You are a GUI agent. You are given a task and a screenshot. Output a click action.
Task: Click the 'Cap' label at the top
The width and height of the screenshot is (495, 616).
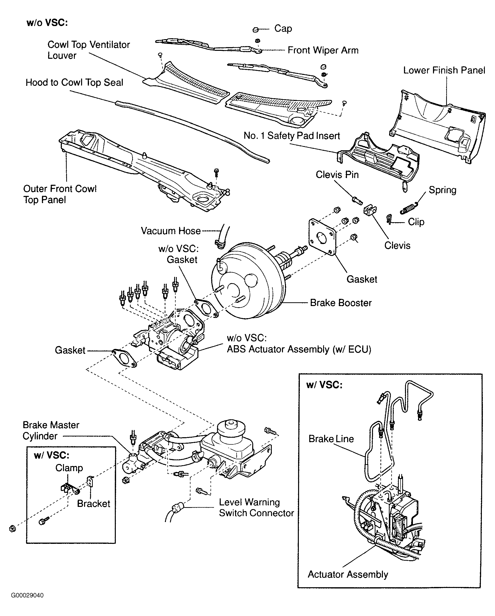click(x=283, y=28)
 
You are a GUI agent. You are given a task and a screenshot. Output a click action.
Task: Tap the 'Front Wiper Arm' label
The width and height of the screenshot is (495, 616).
click(x=323, y=50)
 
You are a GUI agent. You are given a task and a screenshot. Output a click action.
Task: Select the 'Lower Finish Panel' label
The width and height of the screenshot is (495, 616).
click(x=444, y=70)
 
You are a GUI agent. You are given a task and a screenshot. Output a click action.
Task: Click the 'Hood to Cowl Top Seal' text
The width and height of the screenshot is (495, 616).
click(x=74, y=82)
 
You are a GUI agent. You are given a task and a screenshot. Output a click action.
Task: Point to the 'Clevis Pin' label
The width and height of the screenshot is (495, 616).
click(x=337, y=175)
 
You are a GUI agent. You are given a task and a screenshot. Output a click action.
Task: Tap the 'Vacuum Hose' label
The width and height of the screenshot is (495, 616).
click(x=171, y=231)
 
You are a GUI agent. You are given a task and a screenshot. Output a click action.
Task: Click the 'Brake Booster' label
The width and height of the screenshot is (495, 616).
click(x=341, y=303)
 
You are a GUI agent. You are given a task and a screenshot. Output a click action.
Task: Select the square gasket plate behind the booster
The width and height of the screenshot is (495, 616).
click(x=322, y=237)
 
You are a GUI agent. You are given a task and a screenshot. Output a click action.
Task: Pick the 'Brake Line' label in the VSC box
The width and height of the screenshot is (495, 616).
click(x=331, y=439)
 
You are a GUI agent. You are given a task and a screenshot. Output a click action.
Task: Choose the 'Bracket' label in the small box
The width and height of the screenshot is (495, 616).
click(x=93, y=503)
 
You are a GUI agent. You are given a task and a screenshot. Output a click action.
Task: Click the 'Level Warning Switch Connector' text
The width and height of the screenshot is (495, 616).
click(x=256, y=507)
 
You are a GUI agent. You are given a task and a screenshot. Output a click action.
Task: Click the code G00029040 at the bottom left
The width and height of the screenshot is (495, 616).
click(x=28, y=595)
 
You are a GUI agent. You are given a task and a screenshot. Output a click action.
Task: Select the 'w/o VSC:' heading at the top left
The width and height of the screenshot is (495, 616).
click(x=47, y=23)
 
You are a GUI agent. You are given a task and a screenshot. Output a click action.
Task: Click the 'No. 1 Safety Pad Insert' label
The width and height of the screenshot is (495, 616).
click(x=292, y=135)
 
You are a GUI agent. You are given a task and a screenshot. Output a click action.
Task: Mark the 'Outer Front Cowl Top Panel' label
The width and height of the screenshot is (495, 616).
click(x=60, y=194)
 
